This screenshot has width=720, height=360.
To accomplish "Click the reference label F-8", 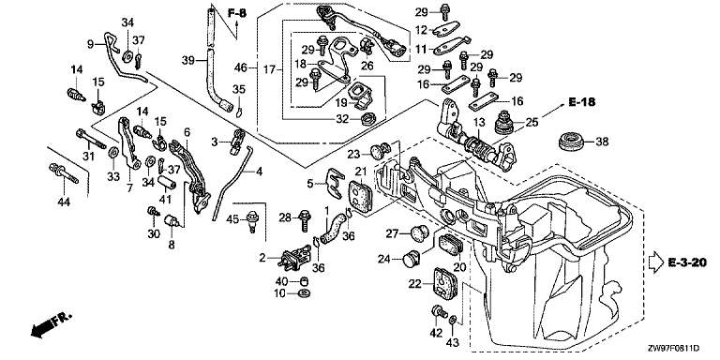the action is click(x=236, y=13).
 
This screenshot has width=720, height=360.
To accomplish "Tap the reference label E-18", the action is click(x=582, y=102).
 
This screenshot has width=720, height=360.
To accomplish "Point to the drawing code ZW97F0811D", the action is click(x=673, y=350).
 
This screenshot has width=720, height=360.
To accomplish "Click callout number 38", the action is click(x=603, y=142).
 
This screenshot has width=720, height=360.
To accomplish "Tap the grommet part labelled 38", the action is click(x=572, y=142).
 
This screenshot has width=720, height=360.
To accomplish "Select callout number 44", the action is click(x=64, y=202).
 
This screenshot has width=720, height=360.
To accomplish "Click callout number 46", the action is click(x=241, y=68).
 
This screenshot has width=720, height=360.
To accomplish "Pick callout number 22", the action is click(x=415, y=284).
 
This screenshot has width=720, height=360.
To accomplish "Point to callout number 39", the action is click(x=188, y=60).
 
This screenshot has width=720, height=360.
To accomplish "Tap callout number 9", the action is click(x=90, y=44).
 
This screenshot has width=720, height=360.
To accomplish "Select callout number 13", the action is click(x=479, y=123).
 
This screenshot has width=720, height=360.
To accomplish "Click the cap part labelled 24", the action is click(x=411, y=259).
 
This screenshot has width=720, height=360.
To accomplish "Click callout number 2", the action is click(x=262, y=258).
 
